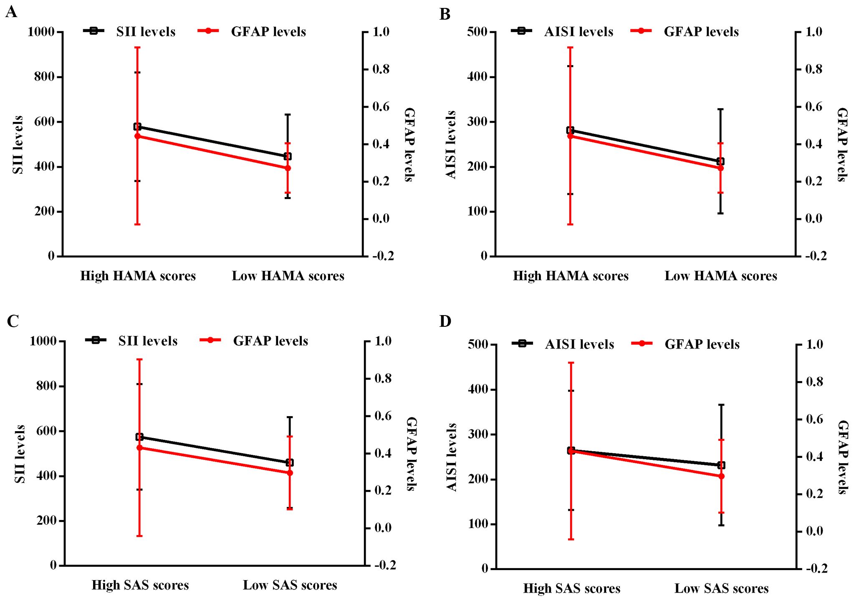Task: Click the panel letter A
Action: (11, 12)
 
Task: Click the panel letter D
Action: (445, 321)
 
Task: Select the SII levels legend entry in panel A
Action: (145, 32)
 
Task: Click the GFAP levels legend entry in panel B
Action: (701, 32)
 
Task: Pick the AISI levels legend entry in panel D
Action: (579, 344)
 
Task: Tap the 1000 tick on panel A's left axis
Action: (41, 32)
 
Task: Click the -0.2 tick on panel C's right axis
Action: (385, 566)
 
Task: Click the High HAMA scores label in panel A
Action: (138, 276)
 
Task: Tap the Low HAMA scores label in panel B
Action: (721, 276)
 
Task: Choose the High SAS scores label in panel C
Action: (140, 585)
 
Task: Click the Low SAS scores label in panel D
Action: (721, 588)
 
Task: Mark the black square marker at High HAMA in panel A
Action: (137, 126)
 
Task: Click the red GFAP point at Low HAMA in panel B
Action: (720, 168)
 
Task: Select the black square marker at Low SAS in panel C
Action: (290, 462)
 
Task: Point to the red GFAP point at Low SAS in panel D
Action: (721, 476)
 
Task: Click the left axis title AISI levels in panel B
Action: (451, 144)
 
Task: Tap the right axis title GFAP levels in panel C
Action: (411, 454)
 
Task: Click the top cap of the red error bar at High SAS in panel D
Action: (571, 363)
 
